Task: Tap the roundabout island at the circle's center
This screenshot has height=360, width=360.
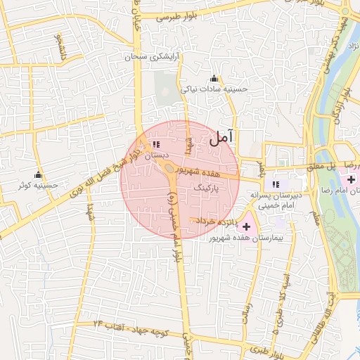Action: pyautogui.click(x=170, y=169)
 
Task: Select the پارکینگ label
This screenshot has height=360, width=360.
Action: pyautogui.click(x=211, y=189)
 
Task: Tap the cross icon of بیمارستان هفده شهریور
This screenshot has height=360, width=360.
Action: pyautogui.click(x=246, y=226)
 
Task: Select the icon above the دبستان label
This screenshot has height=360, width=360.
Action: pyautogui.click(x=155, y=144)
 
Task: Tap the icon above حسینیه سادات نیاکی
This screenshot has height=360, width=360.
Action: pyautogui.click(x=214, y=78)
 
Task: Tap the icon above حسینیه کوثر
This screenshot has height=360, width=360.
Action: pyautogui.click(x=38, y=174)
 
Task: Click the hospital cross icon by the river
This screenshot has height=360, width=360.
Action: pyautogui.click(x=351, y=180)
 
